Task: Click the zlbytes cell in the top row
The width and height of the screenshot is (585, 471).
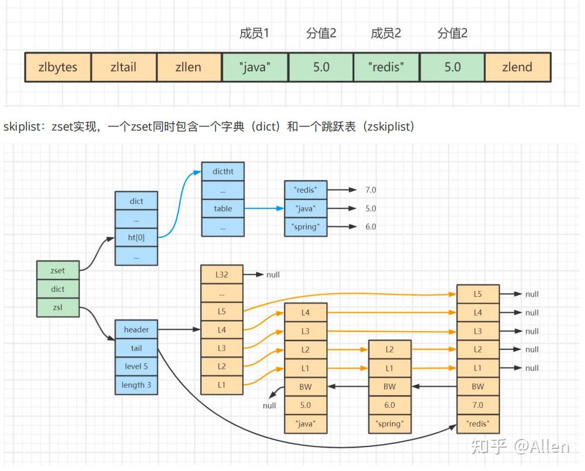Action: (58, 67)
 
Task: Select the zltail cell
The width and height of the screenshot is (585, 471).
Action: (124, 67)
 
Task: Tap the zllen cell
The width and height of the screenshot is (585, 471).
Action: (189, 67)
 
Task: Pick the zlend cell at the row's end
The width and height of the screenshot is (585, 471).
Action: (517, 67)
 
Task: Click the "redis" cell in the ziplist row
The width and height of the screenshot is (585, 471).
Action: (386, 67)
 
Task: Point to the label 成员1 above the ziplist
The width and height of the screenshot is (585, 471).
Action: (254, 33)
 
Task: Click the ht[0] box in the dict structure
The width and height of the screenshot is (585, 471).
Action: (136, 238)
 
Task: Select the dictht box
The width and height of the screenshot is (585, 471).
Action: (223, 171)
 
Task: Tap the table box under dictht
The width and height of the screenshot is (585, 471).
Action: (223, 208)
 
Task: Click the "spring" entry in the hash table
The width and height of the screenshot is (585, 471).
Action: (306, 227)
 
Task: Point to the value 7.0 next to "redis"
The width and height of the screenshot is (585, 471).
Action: (371, 190)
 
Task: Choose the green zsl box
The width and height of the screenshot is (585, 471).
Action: (58, 308)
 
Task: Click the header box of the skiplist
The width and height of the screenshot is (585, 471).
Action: (136, 330)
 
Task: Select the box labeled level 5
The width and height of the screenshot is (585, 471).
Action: (136, 367)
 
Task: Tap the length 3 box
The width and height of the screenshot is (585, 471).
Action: (136, 385)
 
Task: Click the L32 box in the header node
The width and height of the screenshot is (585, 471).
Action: (222, 275)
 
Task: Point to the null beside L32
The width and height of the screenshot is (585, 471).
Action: (273, 275)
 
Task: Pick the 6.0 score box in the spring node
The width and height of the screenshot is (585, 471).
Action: (389, 405)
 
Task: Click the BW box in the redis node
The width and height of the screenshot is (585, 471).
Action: (478, 386)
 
